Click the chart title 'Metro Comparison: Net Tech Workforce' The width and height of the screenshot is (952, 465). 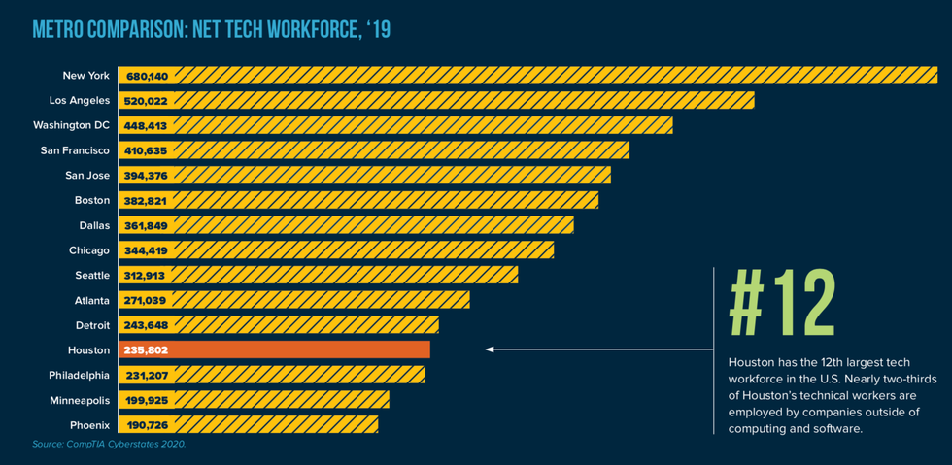(x=212, y=29)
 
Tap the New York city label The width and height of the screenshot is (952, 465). (x=85, y=75)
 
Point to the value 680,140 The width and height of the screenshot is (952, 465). (x=147, y=76)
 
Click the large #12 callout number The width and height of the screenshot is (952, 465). (x=782, y=305)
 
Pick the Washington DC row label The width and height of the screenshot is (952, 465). (x=71, y=125)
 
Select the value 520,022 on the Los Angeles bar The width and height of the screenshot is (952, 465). (x=146, y=101)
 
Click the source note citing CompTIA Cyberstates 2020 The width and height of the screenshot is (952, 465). (x=109, y=444)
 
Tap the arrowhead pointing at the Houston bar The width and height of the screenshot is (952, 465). (x=491, y=349)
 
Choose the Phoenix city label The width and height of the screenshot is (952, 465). (x=89, y=425)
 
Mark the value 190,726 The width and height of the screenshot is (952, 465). (x=146, y=425)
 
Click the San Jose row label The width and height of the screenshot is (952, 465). (x=87, y=176)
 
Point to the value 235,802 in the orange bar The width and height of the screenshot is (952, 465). (x=146, y=349)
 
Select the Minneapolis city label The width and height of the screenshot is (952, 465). (x=80, y=400)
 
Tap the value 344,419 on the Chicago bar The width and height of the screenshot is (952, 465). (x=146, y=250)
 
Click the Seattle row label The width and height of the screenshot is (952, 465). (x=92, y=276)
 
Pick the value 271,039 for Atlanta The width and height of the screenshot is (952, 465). (x=146, y=301)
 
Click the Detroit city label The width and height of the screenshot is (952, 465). (x=92, y=325)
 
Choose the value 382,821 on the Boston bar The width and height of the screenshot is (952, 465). (x=146, y=201)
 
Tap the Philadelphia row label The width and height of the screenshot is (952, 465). (x=80, y=375)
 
